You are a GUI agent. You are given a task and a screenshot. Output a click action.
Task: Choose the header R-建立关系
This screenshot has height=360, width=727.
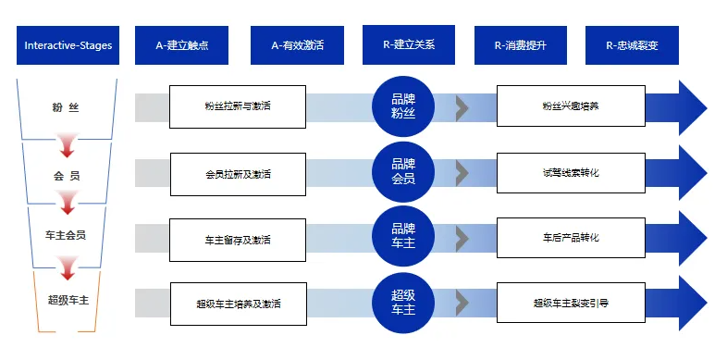pyautogui.click(x=408, y=44)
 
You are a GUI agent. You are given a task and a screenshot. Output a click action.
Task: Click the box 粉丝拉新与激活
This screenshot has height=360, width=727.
pyautogui.click(x=238, y=107)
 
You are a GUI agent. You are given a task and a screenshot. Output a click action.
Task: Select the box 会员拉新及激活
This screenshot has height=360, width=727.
pyautogui.click(x=238, y=173)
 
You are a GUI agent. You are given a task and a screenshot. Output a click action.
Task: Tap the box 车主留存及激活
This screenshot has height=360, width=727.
pyautogui.click(x=238, y=239)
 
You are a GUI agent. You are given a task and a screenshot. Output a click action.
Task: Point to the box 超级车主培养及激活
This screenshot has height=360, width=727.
pyautogui.click(x=238, y=304)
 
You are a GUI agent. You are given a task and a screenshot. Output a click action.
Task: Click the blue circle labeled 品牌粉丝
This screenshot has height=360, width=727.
pyautogui.click(x=403, y=106)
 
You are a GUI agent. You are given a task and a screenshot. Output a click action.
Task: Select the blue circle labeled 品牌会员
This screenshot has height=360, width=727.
pyautogui.click(x=403, y=172)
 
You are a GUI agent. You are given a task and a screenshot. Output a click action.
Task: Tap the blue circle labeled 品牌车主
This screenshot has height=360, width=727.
pyautogui.click(x=403, y=238)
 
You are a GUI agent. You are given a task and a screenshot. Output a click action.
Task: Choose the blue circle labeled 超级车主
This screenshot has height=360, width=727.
pyautogui.click(x=403, y=303)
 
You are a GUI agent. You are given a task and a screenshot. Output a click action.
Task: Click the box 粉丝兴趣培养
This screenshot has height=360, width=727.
pyautogui.click(x=570, y=107)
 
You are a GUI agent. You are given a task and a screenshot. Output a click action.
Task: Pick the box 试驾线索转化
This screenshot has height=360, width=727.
pyautogui.click(x=570, y=173)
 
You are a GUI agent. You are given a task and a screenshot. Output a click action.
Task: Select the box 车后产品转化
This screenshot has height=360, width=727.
pyautogui.click(x=570, y=238)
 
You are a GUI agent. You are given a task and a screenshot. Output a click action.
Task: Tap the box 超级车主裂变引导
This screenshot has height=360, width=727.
pyautogui.click(x=570, y=303)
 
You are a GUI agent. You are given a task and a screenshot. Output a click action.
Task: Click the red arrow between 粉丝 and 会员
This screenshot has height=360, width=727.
pyautogui.click(x=67, y=143)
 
